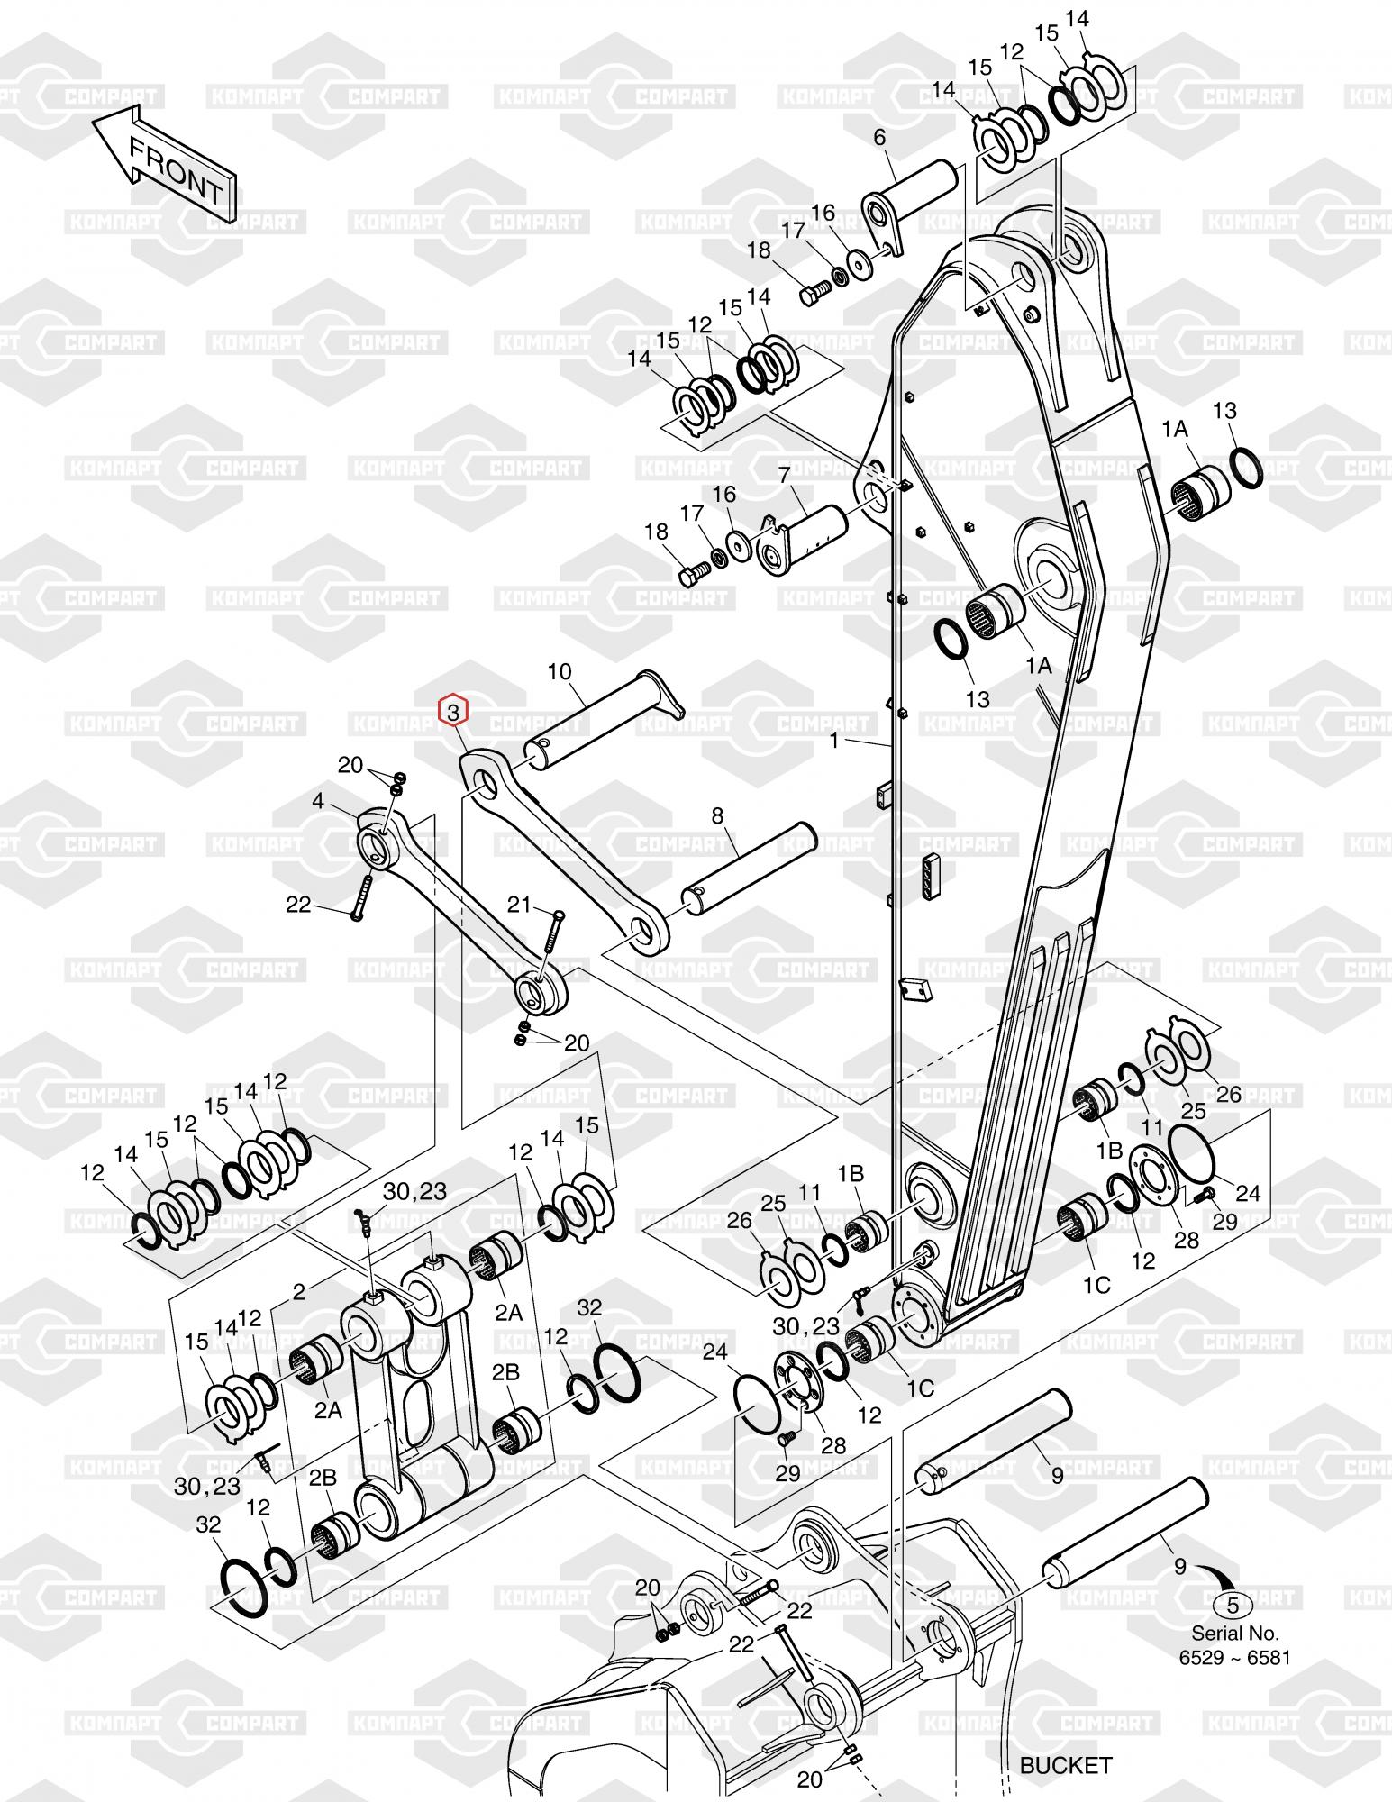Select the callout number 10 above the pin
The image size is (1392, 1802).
[x=560, y=671]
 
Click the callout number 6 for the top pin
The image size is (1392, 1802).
[x=879, y=138]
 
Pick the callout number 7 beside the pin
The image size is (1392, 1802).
[x=784, y=474]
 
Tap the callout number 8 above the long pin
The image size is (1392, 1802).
[x=717, y=816]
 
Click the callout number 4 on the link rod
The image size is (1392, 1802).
[x=318, y=801]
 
